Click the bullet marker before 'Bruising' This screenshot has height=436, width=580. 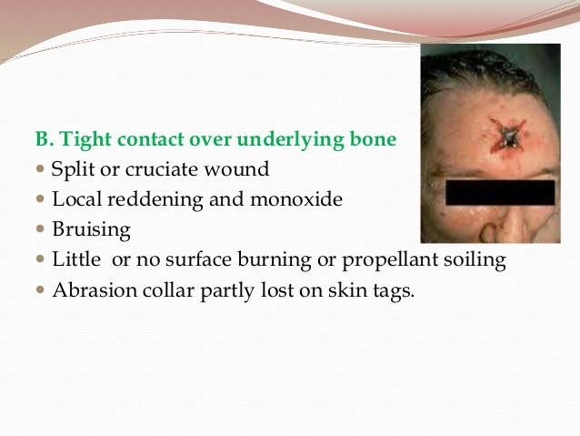41,230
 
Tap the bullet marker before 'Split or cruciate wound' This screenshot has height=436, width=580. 41,170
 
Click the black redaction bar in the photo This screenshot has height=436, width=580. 500,192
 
